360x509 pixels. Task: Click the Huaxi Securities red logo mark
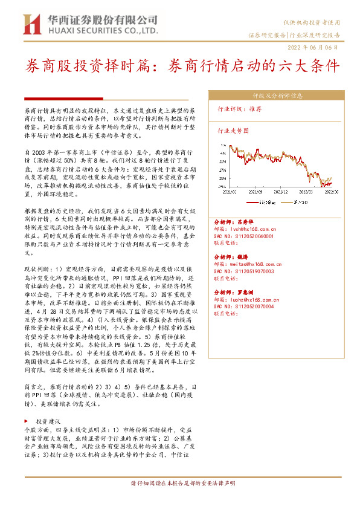point(30,24)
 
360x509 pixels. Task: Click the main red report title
point(181,66)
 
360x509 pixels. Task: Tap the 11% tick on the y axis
point(223,162)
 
